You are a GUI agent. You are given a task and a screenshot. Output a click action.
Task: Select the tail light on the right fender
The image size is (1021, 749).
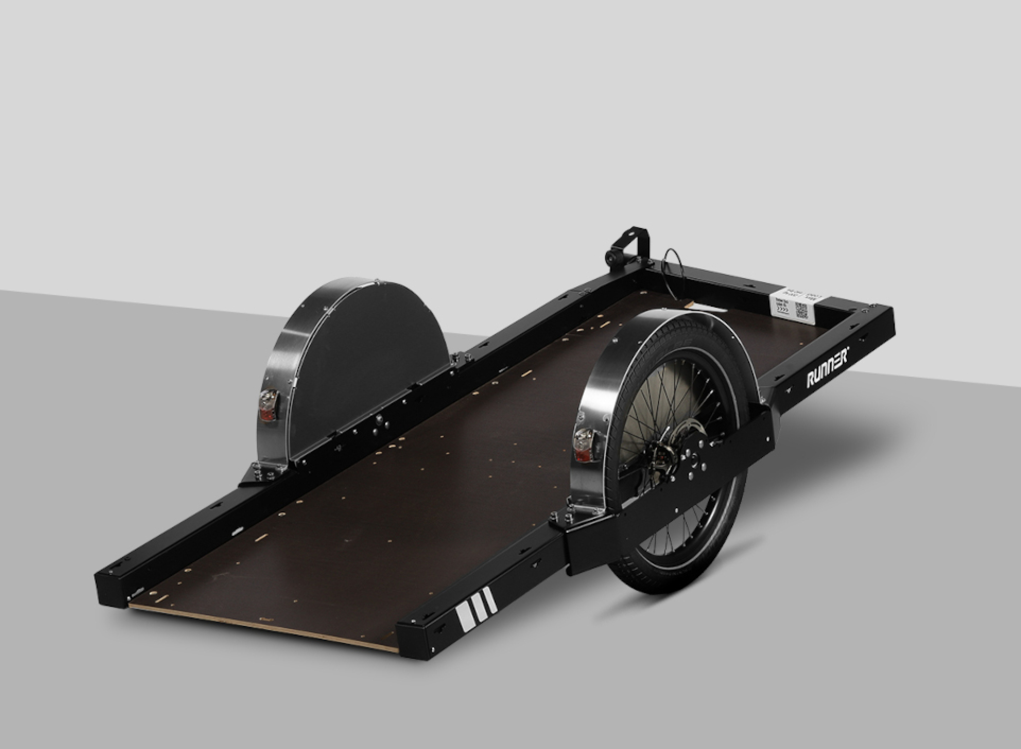click(x=582, y=444)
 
